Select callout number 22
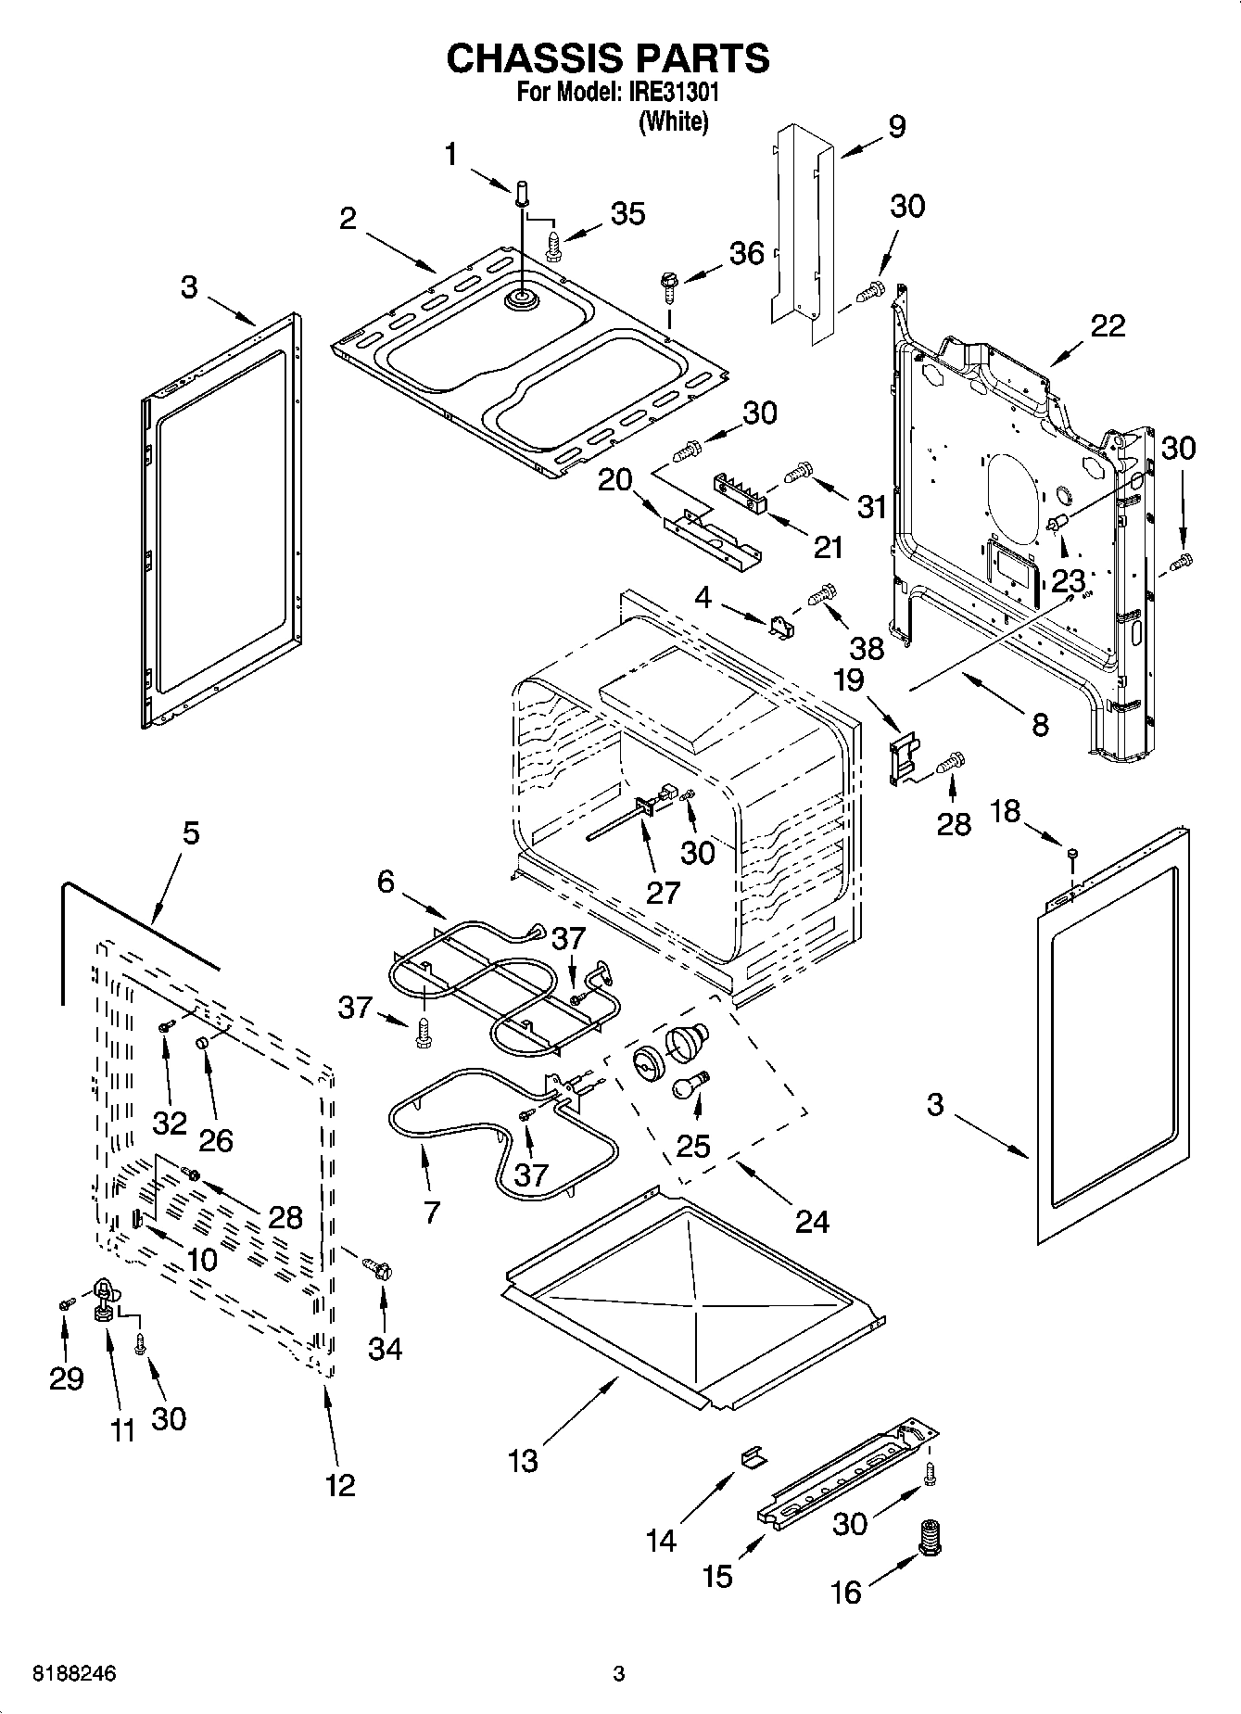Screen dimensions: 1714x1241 point(1108,326)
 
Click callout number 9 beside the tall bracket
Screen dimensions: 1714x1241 point(896,127)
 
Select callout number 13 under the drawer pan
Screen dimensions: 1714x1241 point(523,1461)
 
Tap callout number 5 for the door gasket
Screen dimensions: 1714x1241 point(189,832)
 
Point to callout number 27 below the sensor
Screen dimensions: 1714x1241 point(664,892)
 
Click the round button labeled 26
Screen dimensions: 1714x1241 point(200,1044)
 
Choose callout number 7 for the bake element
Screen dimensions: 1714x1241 point(431,1212)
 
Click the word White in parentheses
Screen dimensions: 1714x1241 point(674,121)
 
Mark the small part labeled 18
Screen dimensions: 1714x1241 point(1072,853)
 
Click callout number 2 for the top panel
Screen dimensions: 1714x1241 point(348,219)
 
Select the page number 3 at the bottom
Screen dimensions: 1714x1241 point(618,1674)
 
